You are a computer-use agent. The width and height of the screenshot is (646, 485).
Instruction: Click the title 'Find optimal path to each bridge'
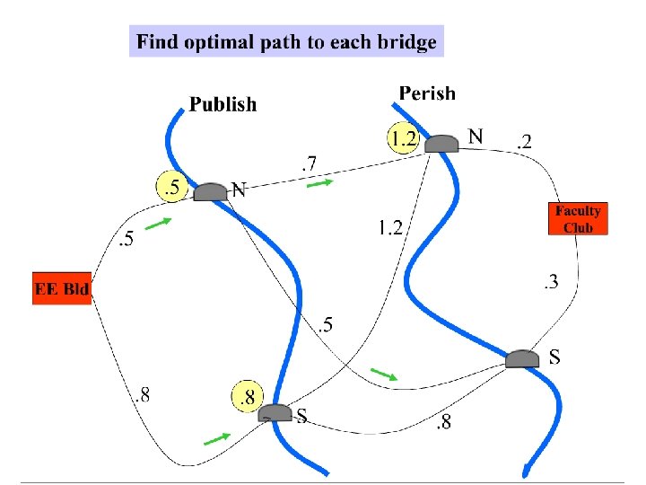pyautogui.click(x=286, y=41)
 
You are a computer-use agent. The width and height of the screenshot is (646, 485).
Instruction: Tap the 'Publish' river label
pyautogui.click(x=223, y=105)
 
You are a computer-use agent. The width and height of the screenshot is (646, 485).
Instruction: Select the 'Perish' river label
pyautogui.click(x=427, y=93)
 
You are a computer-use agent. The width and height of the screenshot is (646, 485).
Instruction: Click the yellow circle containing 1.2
pyautogui.click(x=404, y=138)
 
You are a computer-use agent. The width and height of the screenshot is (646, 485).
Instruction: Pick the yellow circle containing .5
pyautogui.click(x=171, y=188)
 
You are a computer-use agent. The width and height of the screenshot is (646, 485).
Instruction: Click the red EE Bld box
pyautogui.click(x=62, y=289)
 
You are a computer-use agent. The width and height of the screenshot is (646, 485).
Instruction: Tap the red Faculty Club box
pyautogui.click(x=578, y=218)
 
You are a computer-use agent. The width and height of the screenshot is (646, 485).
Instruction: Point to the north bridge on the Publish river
pyautogui.click(x=211, y=191)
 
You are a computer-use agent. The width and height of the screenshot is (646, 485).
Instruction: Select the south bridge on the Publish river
pyautogui.click(x=275, y=412)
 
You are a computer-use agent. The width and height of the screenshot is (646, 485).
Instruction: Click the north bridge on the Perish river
pyautogui.click(x=441, y=143)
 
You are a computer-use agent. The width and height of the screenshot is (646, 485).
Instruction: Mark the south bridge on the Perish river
pyautogui.click(x=522, y=359)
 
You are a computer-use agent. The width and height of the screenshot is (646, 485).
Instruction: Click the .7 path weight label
pyautogui.click(x=309, y=163)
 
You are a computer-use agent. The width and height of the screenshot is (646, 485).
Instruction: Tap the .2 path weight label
pyautogui.click(x=523, y=140)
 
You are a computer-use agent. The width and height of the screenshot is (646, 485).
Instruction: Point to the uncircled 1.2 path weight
pyautogui.click(x=389, y=227)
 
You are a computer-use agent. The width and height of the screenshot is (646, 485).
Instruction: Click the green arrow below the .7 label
pyautogui.click(x=320, y=183)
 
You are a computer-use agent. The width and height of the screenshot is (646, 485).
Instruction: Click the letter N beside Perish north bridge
pyautogui.click(x=476, y=137)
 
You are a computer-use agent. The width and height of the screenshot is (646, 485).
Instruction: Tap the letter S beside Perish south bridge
pyautogui.click(x=554, y=357)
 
